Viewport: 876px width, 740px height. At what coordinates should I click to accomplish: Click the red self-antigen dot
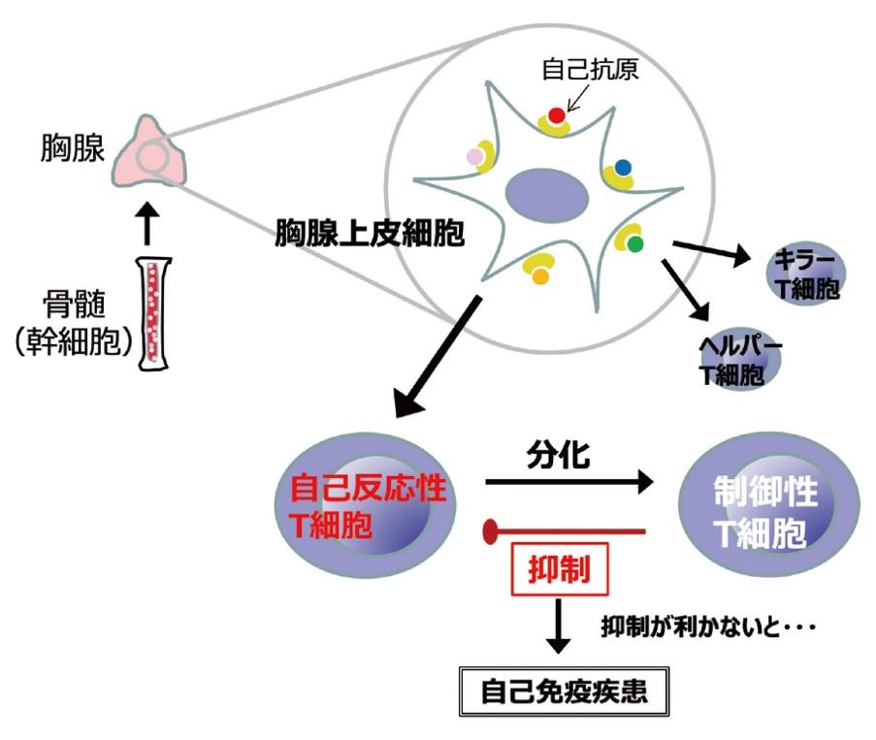pos(556,116)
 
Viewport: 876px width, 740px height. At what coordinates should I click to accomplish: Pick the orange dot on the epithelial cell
pos(541,275)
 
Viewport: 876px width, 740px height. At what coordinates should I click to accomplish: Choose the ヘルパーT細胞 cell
pos(742,360)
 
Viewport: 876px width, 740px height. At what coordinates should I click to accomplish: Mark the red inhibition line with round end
pos(563,530)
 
